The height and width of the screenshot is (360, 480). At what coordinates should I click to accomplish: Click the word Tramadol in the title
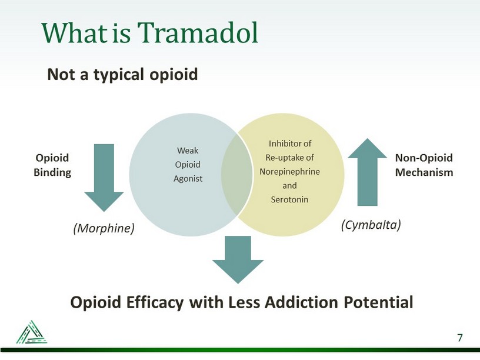pyautogui.click(x=198, y=32)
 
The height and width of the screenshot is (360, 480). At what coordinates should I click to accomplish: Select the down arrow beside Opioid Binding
pyautogui.click(x=104, y=178)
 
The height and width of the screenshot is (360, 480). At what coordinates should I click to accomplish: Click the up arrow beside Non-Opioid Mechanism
pyautogui.click(x=367, y=172)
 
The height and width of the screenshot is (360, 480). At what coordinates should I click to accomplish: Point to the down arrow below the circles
pyautogui.click(x=238, y=259)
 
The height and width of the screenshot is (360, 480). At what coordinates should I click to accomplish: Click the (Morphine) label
pyautogui.click(x=104, y=228)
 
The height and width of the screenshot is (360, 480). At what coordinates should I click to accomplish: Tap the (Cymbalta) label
pyautogui.click(x=371, y=225)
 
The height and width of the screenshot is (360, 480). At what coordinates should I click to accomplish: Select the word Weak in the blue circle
pyautogui.click(x=188, y=151)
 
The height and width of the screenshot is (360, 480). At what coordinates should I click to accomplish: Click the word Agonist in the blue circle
pyautogui.click(x=188, y=179)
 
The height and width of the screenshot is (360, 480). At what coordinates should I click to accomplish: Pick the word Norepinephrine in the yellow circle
pyautogui.click(x=289, y=172)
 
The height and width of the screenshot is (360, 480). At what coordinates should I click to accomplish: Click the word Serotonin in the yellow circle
pyautogui.click(x=289, y=199)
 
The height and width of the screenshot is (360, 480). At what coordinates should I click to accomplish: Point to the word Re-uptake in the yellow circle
pyautogui.click(x=281, y=158)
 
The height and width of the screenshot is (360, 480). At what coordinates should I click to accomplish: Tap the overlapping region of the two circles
pyautogui.click(x=237, y=175)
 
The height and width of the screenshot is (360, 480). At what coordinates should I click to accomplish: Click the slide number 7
pyautogui.click(x=460, y=338)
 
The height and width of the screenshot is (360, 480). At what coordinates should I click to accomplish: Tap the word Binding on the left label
pyautogui.click(x=52, y=173)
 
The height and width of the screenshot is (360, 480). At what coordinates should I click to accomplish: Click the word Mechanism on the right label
pyautogui.click(x=424, y=172)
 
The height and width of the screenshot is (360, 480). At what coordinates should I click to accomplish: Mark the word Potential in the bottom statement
pyautogui.click(x=378, y=302)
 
